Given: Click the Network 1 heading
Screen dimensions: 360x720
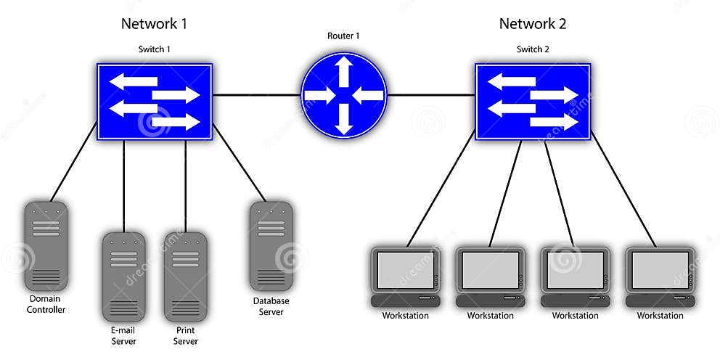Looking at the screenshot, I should coord(154,23).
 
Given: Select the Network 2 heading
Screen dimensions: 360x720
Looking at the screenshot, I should coord(532,23).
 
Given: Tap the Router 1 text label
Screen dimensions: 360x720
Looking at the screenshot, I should coord(343,36).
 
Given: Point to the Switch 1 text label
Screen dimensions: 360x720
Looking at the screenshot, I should coord(155,49).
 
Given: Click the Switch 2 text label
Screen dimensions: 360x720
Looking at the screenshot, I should coord(533,49).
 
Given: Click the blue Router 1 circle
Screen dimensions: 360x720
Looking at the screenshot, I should coord(344,95).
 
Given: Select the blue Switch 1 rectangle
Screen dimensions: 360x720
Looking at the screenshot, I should coord(155,101).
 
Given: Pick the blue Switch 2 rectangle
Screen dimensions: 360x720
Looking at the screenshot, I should coord(533,101).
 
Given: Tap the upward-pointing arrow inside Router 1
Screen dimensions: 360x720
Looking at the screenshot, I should coord(344,71).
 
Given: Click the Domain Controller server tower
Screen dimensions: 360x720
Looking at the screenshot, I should coord(46,245).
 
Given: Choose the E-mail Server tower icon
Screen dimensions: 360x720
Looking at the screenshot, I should coord(123,277).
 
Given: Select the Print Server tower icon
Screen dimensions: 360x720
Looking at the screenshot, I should coord(185,277).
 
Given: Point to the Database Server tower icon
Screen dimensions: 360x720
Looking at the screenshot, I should coord(271,245).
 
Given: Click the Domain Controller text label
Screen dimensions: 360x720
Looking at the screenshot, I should coord(46,304).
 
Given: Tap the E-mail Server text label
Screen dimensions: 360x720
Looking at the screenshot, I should coord(123,335).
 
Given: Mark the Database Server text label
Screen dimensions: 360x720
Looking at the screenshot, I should coord(271,306).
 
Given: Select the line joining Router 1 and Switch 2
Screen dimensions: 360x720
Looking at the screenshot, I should coord(431,95).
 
